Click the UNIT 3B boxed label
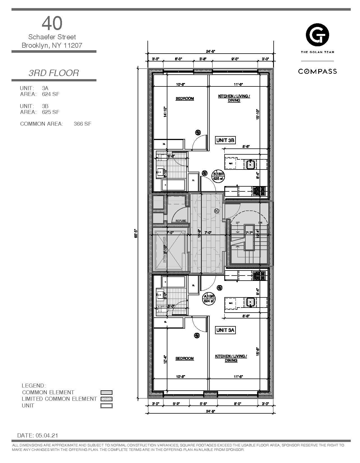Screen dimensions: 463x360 pos(225,140)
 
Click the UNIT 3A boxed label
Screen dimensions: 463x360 pos(225,330)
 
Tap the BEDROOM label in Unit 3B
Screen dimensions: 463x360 pos(185,98)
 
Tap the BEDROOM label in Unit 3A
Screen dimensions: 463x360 pos(184,358)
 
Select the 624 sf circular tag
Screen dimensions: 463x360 pos(209,299)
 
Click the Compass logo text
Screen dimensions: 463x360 pos(317,71)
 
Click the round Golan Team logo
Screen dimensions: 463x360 pos(317,35)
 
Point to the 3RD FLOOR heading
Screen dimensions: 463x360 pos(54,73)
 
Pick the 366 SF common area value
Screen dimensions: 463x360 pos(82,124)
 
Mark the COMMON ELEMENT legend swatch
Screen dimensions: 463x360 pos(107,393)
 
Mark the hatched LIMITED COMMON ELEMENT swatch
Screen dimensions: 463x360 pos(107,399)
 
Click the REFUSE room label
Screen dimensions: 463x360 pos(181,221)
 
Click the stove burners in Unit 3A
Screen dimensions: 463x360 pos(259,276)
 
